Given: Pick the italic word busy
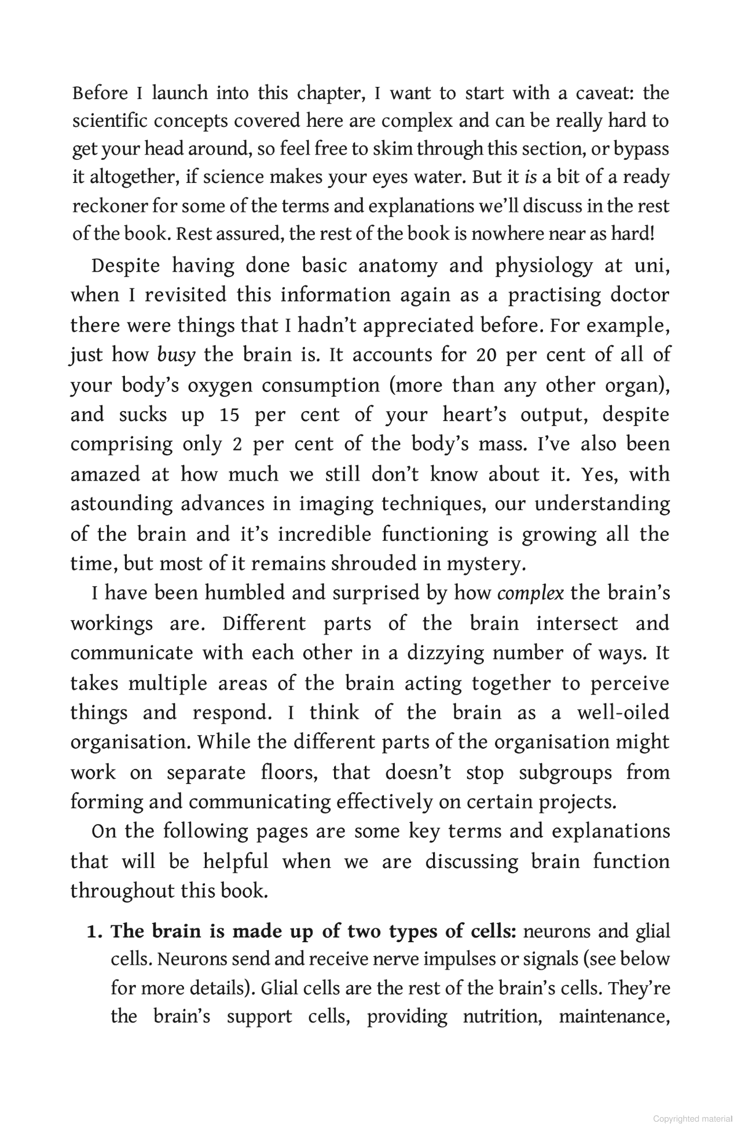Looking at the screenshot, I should coord(176,354).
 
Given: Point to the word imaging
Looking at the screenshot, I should coord(335,504).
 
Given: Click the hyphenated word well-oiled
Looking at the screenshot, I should coord(623,712).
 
